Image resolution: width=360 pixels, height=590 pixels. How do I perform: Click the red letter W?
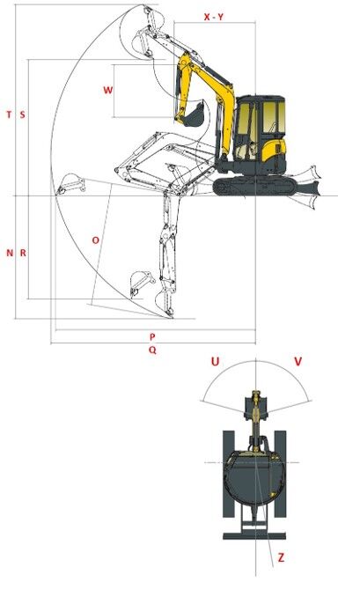click(x=107, y=90)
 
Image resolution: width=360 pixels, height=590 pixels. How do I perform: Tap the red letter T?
click(x=9, y=114)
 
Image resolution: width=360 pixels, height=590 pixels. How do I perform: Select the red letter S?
click(x=22, y=114)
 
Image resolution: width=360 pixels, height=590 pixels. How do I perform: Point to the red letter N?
click(x=10, y=253)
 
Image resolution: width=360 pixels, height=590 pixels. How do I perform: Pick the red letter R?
click(x=23, y=253)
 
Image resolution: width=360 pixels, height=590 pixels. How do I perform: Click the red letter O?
click(x=96, y=240)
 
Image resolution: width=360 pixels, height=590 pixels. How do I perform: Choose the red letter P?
click(x=152, y=336)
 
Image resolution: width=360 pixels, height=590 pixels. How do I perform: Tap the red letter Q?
click(x=152, y=350)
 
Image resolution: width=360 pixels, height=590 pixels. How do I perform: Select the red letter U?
click(x=215, y=362)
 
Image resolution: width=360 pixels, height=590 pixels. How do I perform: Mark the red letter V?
click(x=298, y=362)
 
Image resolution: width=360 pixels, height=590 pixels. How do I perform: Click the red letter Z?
click(x=281, y=557)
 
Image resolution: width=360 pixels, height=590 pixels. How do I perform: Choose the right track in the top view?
click(x=282, y=476)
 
